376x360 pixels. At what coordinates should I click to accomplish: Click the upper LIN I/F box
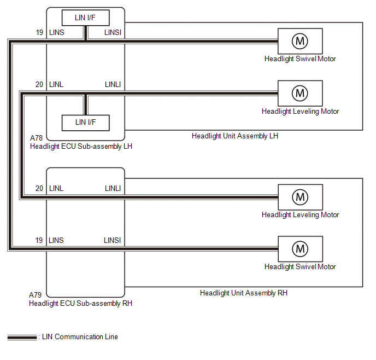[85, 18]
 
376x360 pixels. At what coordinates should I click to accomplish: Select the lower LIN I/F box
[85, 122]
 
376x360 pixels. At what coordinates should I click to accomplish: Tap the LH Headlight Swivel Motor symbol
[300, 40]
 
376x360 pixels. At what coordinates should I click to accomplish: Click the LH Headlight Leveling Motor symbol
[300, 93]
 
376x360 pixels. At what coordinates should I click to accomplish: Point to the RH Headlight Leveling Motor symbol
[300, 196]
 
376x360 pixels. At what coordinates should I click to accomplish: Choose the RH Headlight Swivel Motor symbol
[300, 249]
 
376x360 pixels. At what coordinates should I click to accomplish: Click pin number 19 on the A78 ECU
[39, 33]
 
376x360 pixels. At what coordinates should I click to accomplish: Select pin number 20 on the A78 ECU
[39, 85]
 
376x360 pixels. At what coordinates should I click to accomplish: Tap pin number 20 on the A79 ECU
[39, 189]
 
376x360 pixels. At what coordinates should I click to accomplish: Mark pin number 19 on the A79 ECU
[39, 241]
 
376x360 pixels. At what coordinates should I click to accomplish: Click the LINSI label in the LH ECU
[112, 33]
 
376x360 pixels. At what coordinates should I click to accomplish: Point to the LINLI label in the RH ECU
[113, 189]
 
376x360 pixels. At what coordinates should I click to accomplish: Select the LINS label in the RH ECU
[56, 241]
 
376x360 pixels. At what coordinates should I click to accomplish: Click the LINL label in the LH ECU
[56, 85]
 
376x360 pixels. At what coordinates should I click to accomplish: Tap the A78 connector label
[36, 139]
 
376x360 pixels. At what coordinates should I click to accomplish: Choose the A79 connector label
[36, 295]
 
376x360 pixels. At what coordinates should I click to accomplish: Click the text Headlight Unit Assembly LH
[235, 136]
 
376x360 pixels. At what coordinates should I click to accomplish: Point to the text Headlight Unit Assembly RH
[244, 293]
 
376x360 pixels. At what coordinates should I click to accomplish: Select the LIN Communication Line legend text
[80, 337]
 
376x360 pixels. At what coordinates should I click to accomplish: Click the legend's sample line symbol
[22, 338]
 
